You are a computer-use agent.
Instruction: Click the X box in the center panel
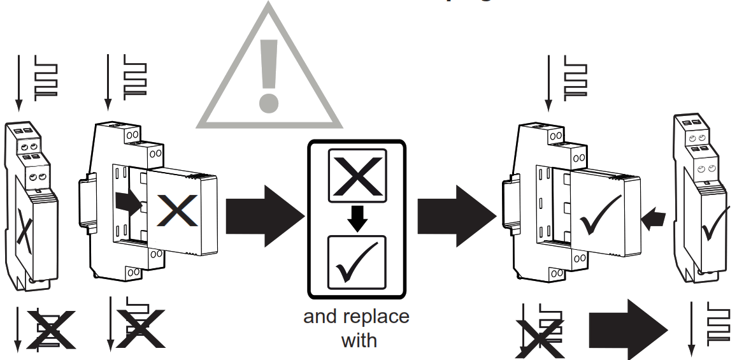357,173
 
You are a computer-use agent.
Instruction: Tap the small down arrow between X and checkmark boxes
357,217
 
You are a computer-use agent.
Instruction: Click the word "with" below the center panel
359,340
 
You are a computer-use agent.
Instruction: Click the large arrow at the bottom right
627,328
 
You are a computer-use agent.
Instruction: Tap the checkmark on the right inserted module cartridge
601,215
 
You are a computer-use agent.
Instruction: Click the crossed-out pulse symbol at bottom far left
48,329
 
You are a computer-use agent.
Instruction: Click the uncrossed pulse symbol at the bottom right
717,325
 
